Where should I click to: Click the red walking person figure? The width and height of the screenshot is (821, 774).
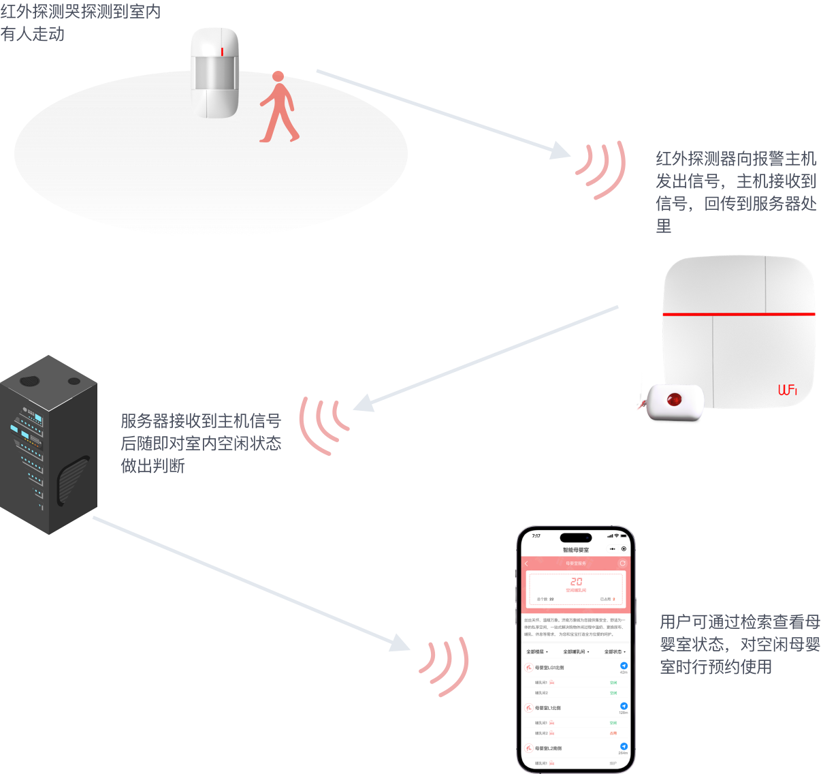pyautogui.click(x=278, y=109)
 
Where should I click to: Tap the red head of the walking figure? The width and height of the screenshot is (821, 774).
pyautogui.click(x=278, y=76)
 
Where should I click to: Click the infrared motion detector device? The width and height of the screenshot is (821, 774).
pyautogui.click(x=214, y=72)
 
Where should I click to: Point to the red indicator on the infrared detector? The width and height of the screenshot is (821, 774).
pyautogui.click(x=222, y=51)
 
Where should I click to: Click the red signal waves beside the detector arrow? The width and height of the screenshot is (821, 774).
pyautogui.click(x=603, y=168)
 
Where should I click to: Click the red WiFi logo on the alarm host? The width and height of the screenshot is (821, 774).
pyautogui.click(x=788, y=390)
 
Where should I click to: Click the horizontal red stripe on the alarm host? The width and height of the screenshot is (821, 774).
pyautogui.click(x=739, y=314)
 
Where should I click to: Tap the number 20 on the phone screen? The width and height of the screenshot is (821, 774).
pyautogui.click(x=576, y=582)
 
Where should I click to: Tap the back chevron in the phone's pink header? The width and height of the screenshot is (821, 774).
pyautogui.click(x=526, y=563)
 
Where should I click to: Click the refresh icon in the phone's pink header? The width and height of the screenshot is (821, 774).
pyautogui.click(x=622, y=563)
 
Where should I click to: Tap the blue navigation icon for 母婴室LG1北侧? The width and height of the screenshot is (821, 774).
pyautogui.click(x=624, y=666)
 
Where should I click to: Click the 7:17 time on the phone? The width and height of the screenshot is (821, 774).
pyautogui.click(x=536, y=536)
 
